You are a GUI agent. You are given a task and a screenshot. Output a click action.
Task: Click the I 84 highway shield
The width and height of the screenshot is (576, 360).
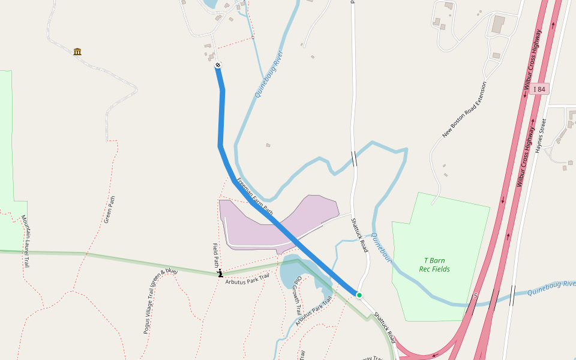(x=540, y=89)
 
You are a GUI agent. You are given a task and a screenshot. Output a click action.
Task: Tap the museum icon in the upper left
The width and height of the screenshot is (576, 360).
(x=77, y=52)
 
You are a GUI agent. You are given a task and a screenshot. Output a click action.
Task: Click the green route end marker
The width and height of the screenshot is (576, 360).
(x=359, y=295)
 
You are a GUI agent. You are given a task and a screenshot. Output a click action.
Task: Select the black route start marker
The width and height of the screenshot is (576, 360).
(x=218, y=65)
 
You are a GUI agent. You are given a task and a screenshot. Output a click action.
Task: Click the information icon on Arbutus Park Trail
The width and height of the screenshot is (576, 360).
(x=220, y=273)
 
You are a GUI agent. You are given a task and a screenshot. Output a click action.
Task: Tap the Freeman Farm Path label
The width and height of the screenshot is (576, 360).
(x=254, y=196)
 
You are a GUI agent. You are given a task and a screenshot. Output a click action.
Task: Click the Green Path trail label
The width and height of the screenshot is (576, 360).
(x=109, y=210)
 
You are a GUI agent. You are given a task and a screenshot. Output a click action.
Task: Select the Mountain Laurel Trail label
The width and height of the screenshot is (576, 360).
(x=25, y=241)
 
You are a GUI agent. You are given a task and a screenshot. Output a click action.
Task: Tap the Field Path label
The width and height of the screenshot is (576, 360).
(x=216, y=255)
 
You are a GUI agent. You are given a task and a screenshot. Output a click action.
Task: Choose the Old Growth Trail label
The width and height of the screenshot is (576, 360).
(x=296, y=296)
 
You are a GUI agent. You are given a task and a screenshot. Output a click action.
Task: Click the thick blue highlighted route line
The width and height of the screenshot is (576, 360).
(x=221, y=120)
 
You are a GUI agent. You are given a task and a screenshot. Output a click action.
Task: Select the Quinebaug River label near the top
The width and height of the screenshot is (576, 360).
(x=268, y=74)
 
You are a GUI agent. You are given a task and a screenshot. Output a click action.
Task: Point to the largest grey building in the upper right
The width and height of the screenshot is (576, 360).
(x=498, y=25)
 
